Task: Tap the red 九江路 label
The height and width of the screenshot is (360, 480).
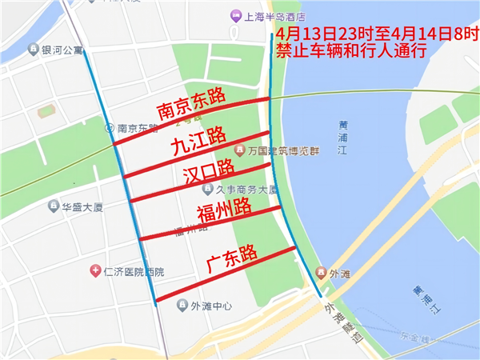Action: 197,142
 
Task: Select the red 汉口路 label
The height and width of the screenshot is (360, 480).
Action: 207,171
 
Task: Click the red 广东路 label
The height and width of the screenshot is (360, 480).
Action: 232,258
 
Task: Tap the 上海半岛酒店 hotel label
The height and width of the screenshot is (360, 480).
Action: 278,16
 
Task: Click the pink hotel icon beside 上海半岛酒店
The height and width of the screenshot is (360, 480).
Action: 235,16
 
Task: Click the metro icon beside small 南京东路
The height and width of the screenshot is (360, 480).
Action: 110,127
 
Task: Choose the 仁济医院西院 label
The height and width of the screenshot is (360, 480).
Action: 134,272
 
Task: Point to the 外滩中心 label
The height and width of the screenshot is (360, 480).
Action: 211,306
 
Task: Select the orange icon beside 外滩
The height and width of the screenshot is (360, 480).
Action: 321,272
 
